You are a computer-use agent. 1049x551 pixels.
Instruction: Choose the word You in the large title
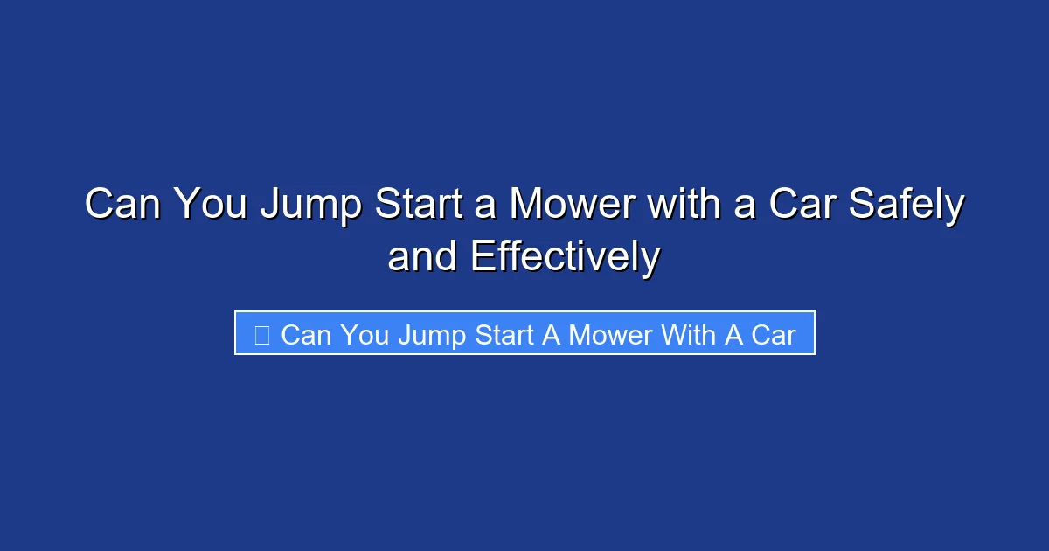(210, 206)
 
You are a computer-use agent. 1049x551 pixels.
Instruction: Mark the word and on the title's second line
(423, 257)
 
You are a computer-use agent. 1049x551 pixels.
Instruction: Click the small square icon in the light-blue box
(261, 334)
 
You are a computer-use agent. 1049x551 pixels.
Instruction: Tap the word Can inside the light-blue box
(305, 334)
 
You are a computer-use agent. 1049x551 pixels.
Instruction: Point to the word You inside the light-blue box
(365, 334)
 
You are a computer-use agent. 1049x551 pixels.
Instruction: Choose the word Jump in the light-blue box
(432, 334)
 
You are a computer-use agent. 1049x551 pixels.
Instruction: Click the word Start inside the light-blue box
(504, 334)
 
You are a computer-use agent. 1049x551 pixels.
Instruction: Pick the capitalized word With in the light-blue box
(691, 334)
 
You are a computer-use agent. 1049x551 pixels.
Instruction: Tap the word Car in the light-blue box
(773, 334)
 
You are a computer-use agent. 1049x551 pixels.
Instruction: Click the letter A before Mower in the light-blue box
(552, 334)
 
